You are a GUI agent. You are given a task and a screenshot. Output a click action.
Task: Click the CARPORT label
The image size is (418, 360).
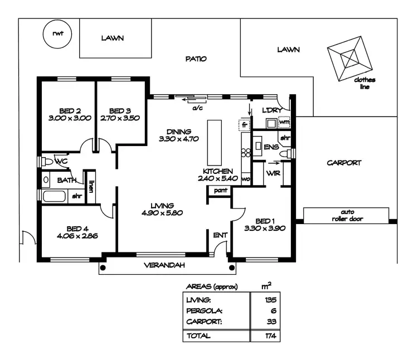click(x=344, y=163)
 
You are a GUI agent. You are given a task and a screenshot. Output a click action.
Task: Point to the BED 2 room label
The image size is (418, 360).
click(x=70, y=110)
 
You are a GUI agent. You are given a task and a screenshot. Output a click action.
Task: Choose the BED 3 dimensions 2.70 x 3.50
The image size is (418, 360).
click(x=119, y=118)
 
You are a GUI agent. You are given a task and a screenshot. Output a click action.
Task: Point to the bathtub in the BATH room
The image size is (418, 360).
click(x=54, y=196)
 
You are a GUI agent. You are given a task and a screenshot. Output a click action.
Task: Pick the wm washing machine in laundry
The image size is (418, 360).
click(x=284, y=121)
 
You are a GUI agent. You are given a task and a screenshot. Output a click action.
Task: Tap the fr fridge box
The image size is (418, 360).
click(x=244, y=125)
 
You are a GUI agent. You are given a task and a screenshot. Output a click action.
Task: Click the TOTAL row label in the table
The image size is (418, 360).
click(x=199, y=335)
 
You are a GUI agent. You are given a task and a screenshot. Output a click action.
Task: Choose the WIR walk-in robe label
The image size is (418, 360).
click(x=273, y=173)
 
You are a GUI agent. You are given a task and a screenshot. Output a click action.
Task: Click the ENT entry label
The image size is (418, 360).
click(x=220, y=235)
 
